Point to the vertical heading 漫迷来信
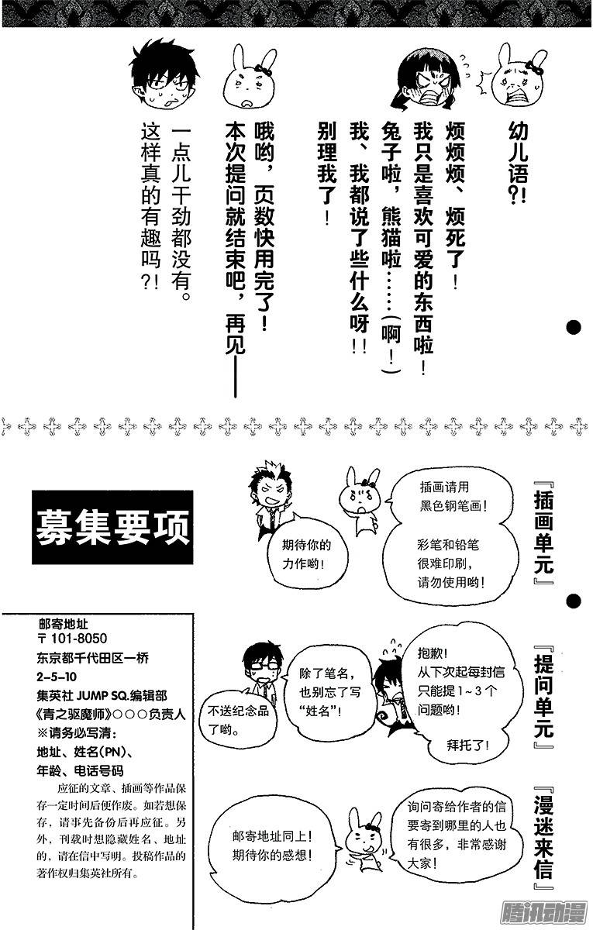coord(545,837)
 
